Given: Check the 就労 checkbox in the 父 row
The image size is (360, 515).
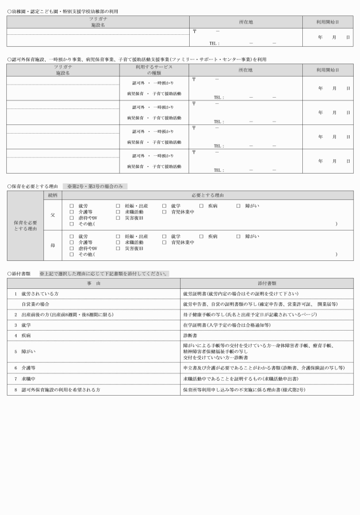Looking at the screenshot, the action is [x=71, y=205].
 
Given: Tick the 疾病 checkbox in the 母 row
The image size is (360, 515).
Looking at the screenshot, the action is [x=201, y=236].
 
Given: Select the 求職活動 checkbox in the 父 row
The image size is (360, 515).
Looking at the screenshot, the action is [x=118, y=211].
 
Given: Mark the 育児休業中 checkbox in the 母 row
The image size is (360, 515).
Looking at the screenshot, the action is [x=164, y=242].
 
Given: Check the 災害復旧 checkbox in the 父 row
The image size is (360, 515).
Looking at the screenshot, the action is [x=118, y=218].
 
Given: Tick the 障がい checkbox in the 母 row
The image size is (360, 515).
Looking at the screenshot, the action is [x=238, y=236].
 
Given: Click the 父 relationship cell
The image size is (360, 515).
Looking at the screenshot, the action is [x=52, y=214].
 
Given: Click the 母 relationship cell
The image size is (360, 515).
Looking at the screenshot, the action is [x=52, y=245].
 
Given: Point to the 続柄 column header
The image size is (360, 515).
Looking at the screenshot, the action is [x=52, y=195].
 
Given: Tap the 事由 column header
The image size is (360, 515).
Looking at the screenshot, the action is [x=94, y=283].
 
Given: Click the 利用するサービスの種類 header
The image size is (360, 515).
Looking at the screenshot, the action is [x=154, y=70].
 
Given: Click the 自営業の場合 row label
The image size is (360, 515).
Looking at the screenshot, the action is [x=35, y=304].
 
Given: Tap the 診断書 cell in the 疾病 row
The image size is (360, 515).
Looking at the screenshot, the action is [x=190, y=336].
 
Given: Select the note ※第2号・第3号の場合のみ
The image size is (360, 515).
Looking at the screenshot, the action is [x=95, y=186].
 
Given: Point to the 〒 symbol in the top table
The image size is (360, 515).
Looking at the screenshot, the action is [x=195, y=30].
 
